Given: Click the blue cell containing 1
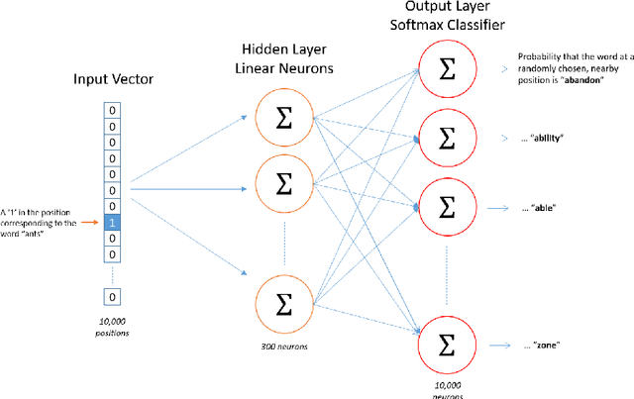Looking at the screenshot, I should (x=113, y=223).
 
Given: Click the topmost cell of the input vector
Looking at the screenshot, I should (x=113, y=110).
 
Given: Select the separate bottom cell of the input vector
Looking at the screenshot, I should (x=113, y=296).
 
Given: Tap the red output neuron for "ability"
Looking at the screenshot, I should (x=447, y=138).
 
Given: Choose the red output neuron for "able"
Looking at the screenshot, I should (x=447, y=207).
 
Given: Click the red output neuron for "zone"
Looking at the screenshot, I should (x=447, y=346).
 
